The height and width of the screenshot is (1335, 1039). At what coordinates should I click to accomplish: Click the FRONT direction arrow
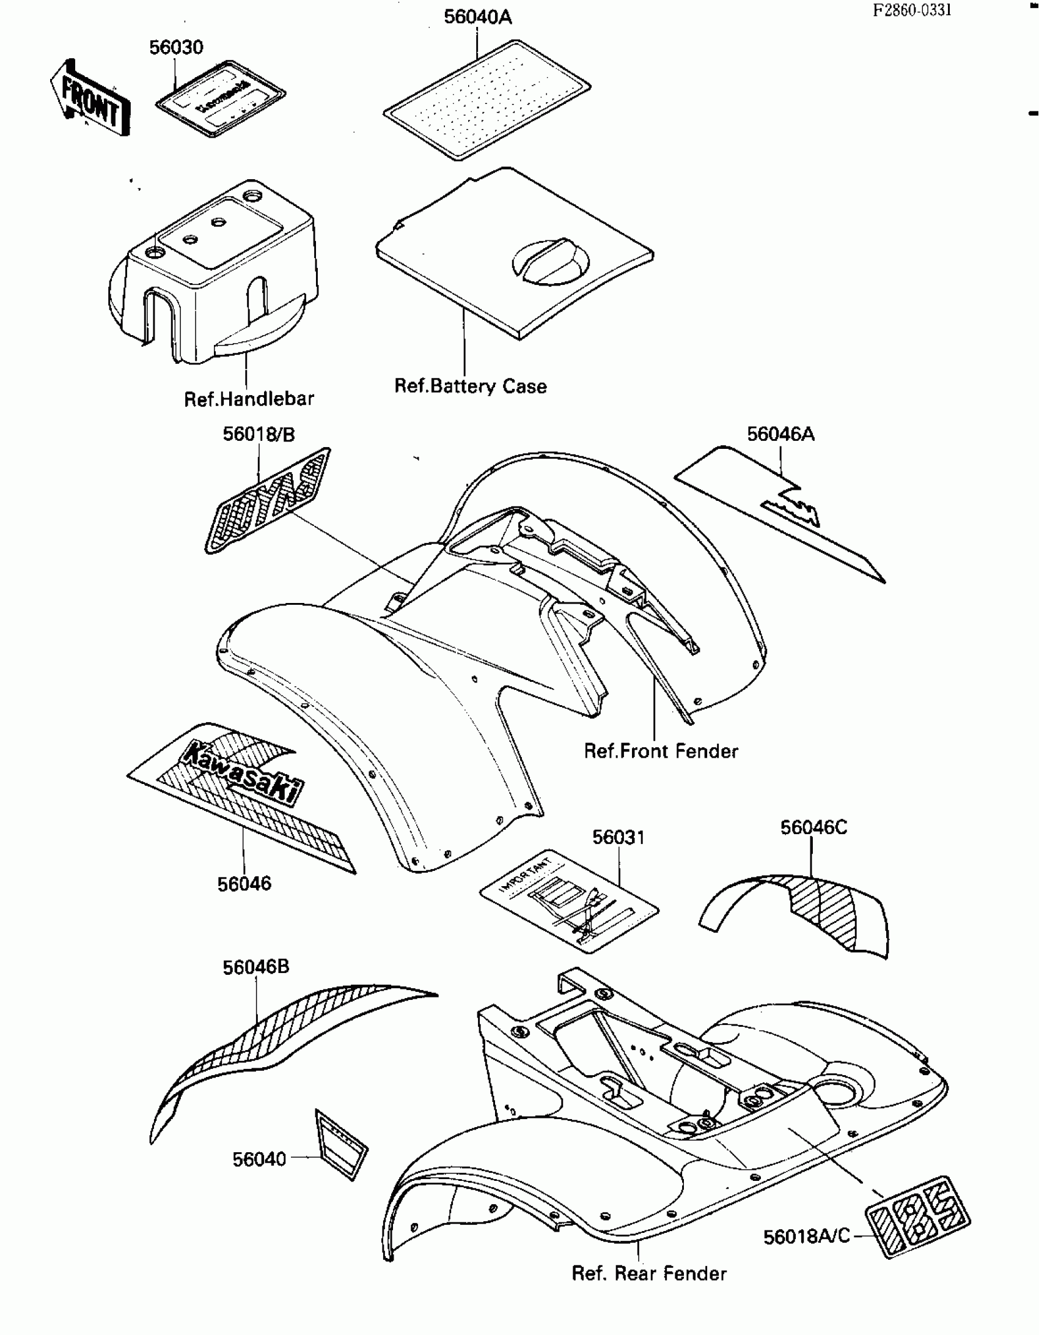click(90, 98)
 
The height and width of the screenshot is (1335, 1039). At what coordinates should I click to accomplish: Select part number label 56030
click(176, 48)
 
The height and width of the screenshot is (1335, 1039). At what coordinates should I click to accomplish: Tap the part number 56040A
click(477, 17)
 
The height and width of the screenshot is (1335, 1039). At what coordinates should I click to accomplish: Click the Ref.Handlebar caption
click(249, 399)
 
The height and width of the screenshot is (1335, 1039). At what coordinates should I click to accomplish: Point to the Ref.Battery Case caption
click(470, 386)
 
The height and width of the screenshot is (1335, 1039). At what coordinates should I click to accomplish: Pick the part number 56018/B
click(258, 434)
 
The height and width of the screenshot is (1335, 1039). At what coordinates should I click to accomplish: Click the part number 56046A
click(780, 434)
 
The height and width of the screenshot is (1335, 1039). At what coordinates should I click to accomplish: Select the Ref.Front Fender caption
click(661, 751)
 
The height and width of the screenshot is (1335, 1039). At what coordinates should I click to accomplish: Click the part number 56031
click(619, 837)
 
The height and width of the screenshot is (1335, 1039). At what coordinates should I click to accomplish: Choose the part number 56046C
click(813, 827)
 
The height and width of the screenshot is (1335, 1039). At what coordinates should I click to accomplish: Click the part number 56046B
click(255, 967)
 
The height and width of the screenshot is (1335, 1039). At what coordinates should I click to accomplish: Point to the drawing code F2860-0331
click(911, 10)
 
